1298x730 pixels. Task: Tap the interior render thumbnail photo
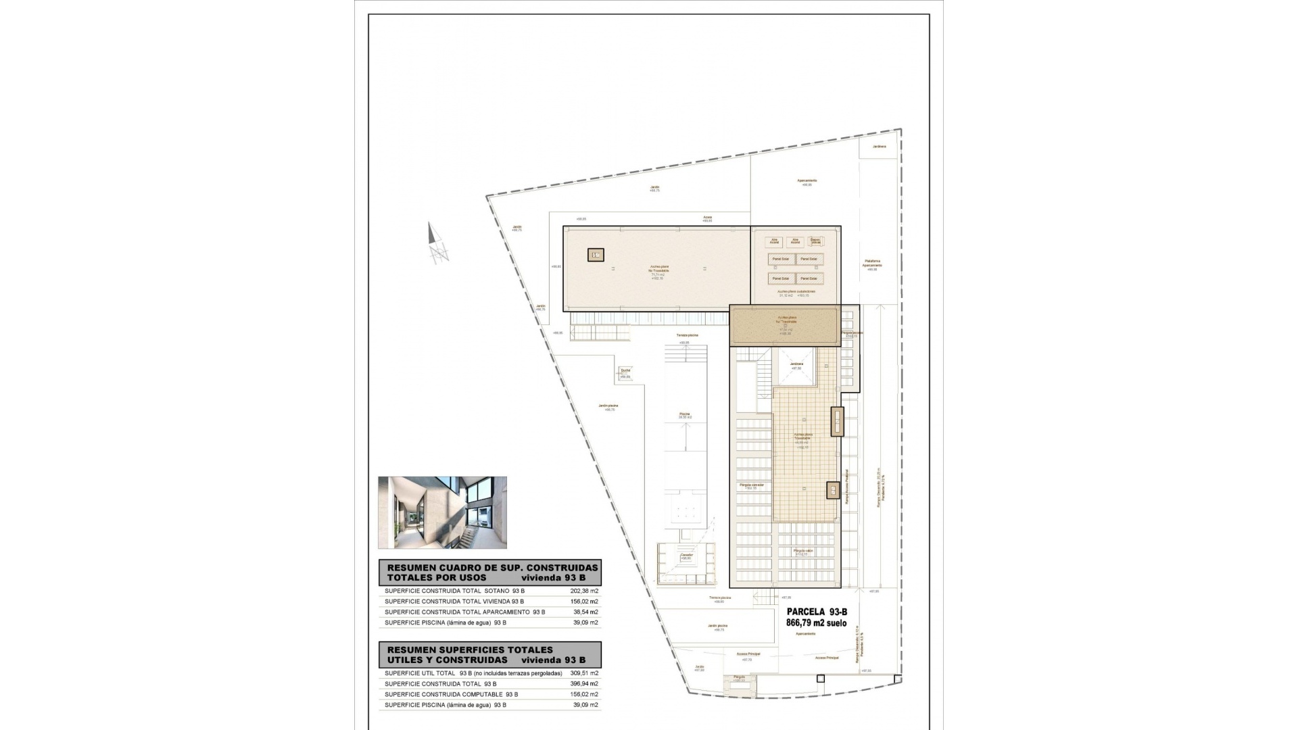[442, 512]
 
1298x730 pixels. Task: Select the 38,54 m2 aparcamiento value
[585, 612]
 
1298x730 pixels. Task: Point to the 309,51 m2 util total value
[585, 673]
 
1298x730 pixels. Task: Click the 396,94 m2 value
[585, 684]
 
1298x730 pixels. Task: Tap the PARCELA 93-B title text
[817, 612]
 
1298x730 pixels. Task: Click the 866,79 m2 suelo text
[816, 623]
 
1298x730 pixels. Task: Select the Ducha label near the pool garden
[625, 370]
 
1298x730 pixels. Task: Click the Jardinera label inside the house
[796, 364]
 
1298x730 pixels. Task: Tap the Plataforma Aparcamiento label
[872, 263]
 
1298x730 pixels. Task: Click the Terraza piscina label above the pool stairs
[687, 335]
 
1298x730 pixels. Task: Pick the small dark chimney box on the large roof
[596, 255]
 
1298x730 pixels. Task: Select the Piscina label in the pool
[685, 414]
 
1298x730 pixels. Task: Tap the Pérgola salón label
[803, 551]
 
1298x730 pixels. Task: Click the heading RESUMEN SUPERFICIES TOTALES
[470, 650]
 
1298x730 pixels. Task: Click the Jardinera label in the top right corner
[879, 146]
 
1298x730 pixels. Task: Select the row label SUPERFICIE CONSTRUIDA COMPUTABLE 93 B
[451, 694]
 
